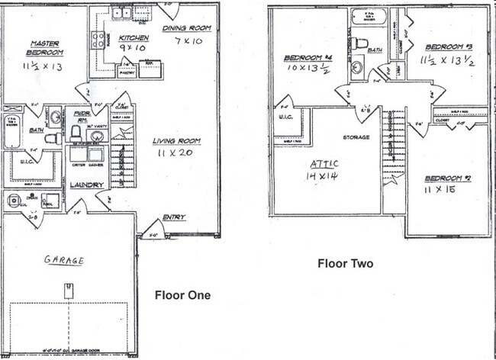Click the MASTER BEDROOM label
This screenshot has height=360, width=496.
[45, 47]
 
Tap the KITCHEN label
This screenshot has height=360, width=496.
[133, 37]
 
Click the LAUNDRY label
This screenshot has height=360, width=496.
[86, 185]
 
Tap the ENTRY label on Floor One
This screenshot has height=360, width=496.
[173, 217]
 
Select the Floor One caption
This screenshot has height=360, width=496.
[182, 294]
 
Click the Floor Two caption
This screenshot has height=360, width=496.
[345, 263]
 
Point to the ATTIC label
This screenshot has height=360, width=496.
[324, 164]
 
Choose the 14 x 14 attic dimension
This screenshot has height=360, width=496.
[324, 176]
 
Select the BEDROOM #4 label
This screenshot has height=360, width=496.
[307, 58]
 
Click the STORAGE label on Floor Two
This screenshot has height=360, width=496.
[356, 137]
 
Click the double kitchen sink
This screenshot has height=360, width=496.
[121, 12]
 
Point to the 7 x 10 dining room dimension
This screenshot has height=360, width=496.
[188, 40]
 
